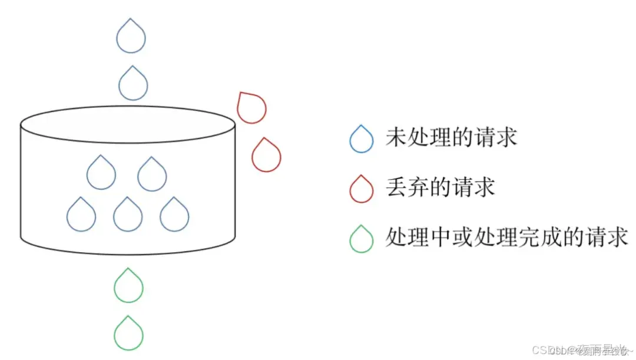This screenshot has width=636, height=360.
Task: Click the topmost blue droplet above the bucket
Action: click(x=131, y=37)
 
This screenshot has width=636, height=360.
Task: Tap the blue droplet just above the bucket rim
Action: click(x=132, y=84)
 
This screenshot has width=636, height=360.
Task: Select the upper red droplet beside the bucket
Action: click(x=251, y=108)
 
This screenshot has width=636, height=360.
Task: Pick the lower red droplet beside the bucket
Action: click(x=266, y=156)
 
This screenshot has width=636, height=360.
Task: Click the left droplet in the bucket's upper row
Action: click(x=101, y=174)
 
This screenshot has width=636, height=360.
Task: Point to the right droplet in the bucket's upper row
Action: click(x=152, y=175)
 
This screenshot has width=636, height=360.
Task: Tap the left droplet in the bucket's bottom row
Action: click(x=81, y=215)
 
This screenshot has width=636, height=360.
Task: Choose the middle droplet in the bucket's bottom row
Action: click(x=128, y=215)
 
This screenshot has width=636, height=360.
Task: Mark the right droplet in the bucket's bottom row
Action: click(x=174, y=215)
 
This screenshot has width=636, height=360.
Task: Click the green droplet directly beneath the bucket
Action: click(x=128, y=286)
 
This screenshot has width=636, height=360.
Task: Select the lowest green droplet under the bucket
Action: click(x=128, y=334)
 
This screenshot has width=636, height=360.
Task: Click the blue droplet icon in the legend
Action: click(x=361, y=140)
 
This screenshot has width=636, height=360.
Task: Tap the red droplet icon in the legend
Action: click(x=361, y=190)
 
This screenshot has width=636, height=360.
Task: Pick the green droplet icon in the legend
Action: click(x=361, y=240)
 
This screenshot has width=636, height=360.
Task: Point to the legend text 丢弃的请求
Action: click(x=440, y=188)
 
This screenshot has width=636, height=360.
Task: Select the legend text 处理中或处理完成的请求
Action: click(x=507, y=238)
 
